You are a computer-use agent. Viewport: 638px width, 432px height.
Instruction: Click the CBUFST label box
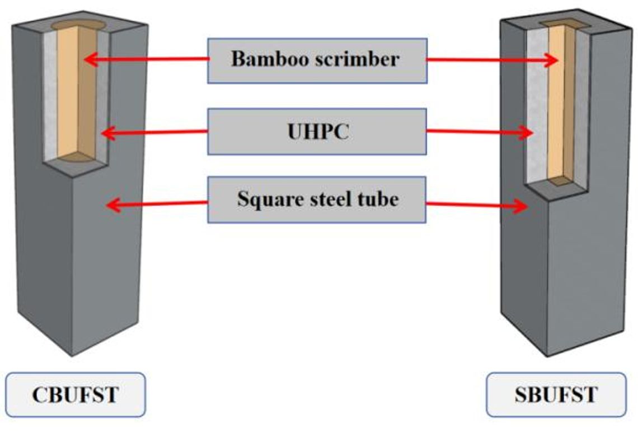point(76,394)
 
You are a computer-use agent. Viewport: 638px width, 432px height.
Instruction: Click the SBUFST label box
point(556,394)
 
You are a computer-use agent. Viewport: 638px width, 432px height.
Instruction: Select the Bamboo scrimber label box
point(317,61)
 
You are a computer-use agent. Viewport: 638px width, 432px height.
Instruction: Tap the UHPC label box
point(317,132)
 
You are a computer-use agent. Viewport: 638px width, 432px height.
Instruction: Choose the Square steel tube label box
point(317,199)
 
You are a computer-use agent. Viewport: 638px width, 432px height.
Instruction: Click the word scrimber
point(358,59)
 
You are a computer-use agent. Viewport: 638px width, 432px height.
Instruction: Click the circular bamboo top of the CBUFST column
point(78,25)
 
